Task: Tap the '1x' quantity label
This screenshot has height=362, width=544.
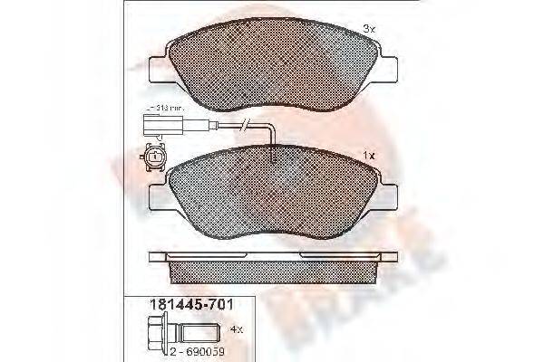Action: click(367, 155)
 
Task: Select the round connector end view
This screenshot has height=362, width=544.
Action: click(157, 157)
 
